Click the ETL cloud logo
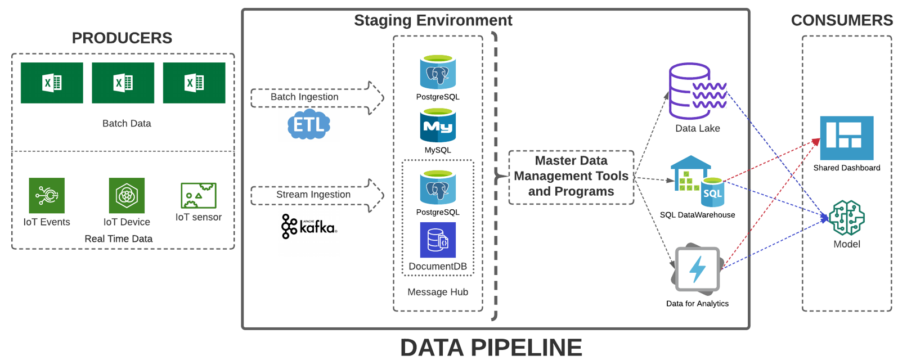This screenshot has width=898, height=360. pos(309,124)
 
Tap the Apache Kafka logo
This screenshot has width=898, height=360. pos(309,227)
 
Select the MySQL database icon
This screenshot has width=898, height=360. pos(438,125)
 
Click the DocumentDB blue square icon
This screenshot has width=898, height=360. pos(438,240)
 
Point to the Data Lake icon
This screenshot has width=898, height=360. pos(698,91)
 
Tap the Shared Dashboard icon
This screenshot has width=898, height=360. pos(847,138)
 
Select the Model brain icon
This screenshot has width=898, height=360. pos(847,218)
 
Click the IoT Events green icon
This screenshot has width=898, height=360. pos(47,195)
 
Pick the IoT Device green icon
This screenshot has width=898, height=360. pos(127,195)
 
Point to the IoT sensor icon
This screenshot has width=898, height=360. pos(199,195)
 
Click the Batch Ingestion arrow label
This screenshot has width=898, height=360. pos(304,97)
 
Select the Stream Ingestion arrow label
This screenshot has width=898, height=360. pos(313,195)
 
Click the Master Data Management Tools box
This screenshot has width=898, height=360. pos(571,177)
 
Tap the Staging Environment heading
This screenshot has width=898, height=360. pos(433,20)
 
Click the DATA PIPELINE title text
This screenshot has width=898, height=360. pos(491,347)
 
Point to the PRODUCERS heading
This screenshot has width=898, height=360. pos(122,38)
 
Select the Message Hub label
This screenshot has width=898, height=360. pos(438,292)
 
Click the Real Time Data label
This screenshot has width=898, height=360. pos(118,238)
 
